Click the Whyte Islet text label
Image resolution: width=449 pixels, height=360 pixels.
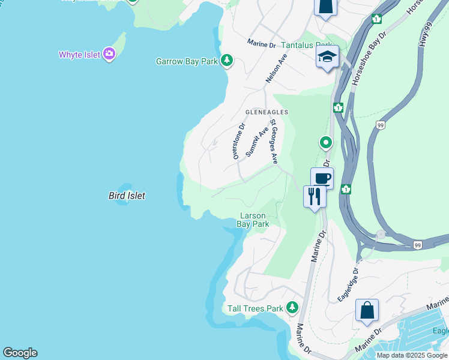tap(79, 55)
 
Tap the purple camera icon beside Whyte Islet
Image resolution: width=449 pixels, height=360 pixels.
tap(109, 54)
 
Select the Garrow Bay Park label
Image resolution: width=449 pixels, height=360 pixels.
tap(187, 61)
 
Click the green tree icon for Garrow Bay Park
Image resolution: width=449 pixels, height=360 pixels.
tap(227, 60)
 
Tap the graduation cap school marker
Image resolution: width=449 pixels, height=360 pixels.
tap(328, 57)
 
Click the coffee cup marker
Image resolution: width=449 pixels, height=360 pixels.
tap(322, 178)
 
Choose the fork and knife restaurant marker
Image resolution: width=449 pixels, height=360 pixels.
tap(315, 196)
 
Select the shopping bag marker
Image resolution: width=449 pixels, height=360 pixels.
tap(367, 311)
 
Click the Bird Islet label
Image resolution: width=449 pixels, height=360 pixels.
tap(127, 196)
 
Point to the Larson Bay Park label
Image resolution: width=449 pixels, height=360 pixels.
tap(253, 220)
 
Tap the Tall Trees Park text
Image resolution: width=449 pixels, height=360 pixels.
tap(255, 308)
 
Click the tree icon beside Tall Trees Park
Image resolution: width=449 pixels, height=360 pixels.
tap(292, 308)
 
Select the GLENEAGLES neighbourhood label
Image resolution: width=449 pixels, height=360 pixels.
tap(267, 112)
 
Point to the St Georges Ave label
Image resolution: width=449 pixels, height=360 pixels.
tap(274, 142)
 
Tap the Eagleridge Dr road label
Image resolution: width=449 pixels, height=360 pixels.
tap(348, 284)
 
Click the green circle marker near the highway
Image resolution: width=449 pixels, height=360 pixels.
tap(325, 143)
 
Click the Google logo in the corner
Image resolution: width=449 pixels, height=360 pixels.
tap(20, 353)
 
